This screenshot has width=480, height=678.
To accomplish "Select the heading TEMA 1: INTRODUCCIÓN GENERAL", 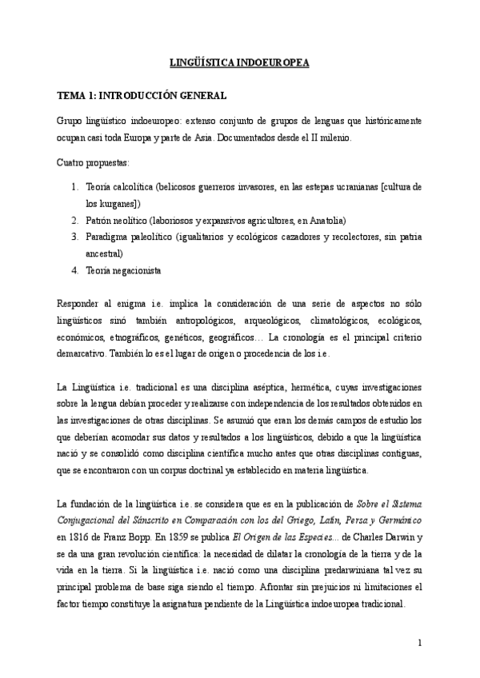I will click(x=142, y=96).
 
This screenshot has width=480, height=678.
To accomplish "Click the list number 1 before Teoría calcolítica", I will click(x=74, y=186).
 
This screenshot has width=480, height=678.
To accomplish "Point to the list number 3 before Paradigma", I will click(x=74, y=237).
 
